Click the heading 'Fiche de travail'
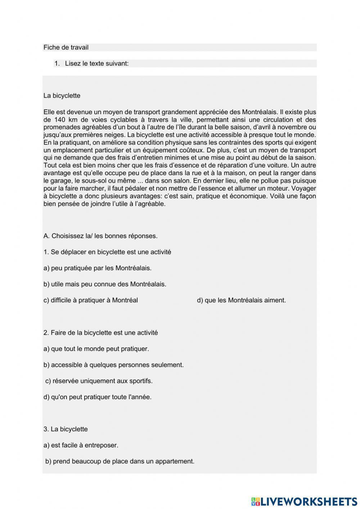tap(66, 48)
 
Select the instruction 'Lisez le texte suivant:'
tap(96, 64)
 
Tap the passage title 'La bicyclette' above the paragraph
tap(62, 96)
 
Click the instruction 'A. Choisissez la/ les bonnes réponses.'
tap(100, 236)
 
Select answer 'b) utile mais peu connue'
tap(105, 284)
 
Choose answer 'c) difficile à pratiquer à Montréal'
tap(91, 300)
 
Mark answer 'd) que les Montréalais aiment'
tap(241, 300)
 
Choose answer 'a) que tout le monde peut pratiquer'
tap(96, 349)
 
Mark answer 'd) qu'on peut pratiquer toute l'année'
tap(98, 397)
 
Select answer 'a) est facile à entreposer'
tap(81, 446)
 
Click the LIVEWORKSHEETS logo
tap(304, 501)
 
